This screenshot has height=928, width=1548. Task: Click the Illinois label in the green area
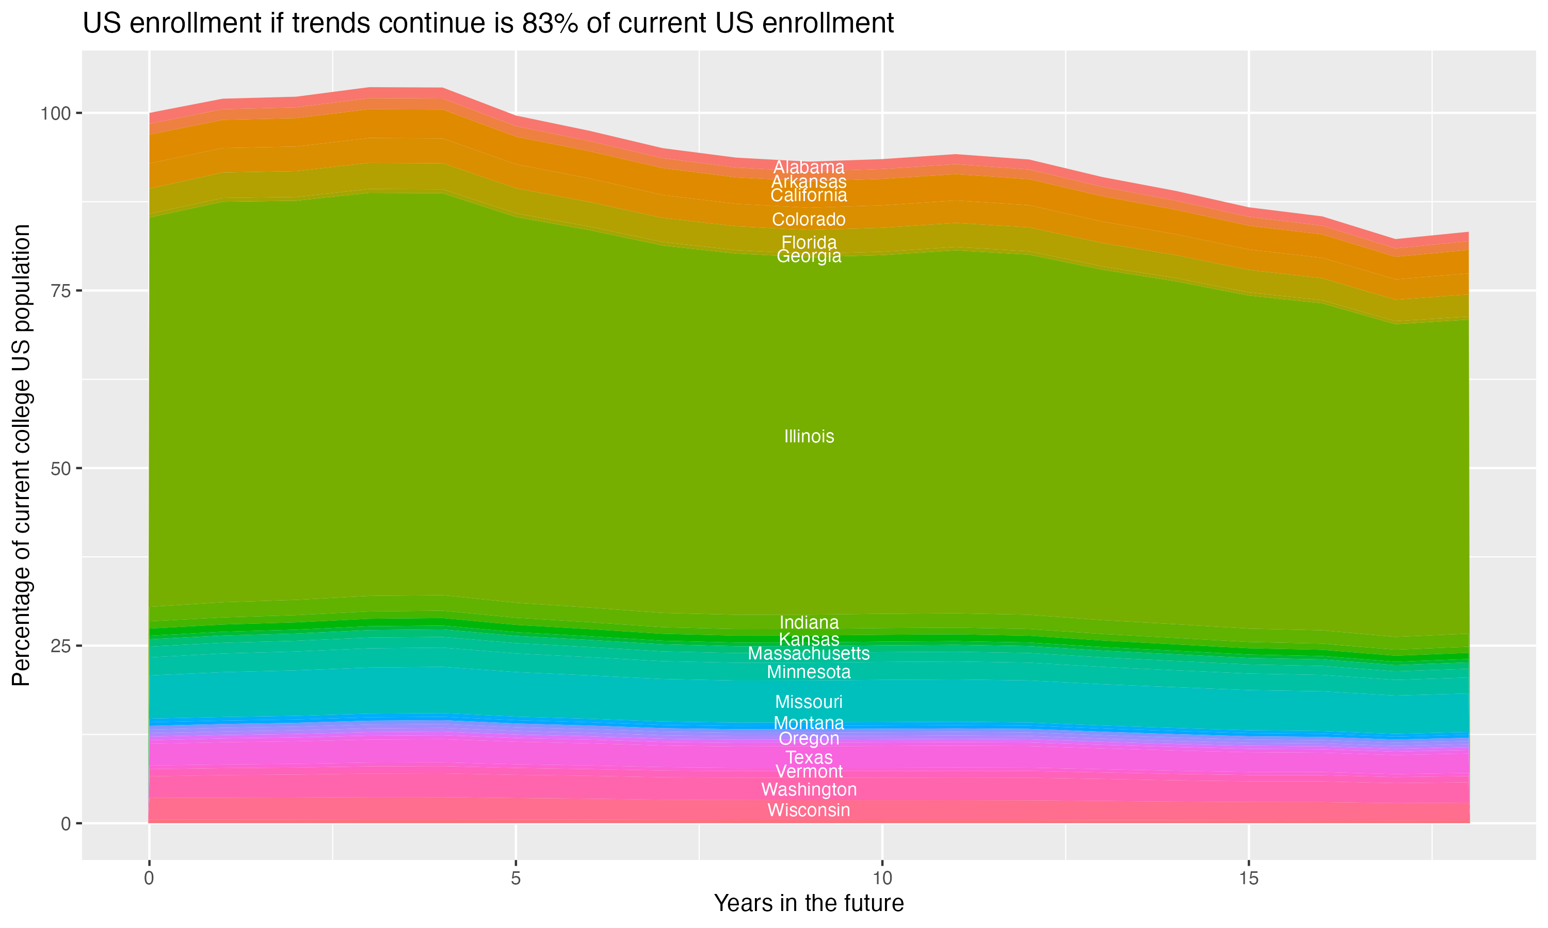(809, 437)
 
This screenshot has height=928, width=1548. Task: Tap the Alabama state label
(809, 167)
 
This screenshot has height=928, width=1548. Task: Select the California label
(809, 196)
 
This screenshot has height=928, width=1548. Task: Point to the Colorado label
(809, 220)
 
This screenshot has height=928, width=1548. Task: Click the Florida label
(809, 242)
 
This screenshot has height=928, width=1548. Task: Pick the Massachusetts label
(809, 654)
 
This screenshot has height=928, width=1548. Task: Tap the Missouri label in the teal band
(809, 702)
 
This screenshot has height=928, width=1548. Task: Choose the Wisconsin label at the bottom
(809, 810)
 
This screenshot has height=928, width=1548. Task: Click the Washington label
(809, 789)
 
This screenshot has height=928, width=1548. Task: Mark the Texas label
(809, 757)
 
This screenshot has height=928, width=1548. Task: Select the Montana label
(809, 723)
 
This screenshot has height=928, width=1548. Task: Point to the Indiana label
(809, 622)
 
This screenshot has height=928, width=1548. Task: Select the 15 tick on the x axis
(1248, 879)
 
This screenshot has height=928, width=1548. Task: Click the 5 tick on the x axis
(515, 879)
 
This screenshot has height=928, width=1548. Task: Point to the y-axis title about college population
(21, 455)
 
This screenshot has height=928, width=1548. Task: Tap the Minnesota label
(809, 672)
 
